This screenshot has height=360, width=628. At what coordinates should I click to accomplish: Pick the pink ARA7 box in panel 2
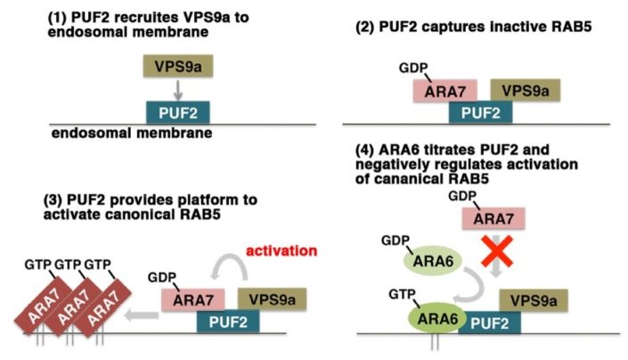[444, 90]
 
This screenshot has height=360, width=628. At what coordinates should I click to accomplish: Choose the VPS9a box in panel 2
[525, 90]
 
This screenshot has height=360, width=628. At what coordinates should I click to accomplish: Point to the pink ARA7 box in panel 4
[493, 217]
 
